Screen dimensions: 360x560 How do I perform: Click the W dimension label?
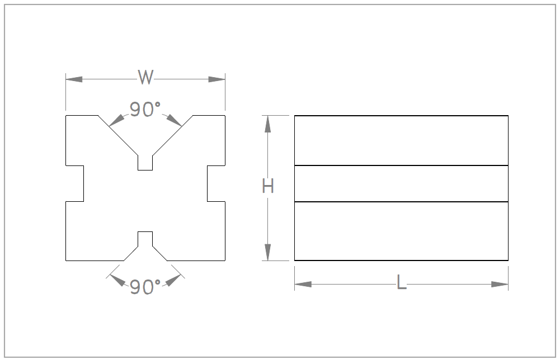click(145, 78)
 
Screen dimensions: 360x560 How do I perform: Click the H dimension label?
click(268, 187)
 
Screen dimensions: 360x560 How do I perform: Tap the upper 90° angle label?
click(145, 110)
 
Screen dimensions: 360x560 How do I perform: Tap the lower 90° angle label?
click(145, 287)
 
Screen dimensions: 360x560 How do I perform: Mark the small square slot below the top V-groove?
click(145, 163)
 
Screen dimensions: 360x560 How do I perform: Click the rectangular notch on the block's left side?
click(75, 183)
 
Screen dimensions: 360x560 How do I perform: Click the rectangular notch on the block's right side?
click(216, 183)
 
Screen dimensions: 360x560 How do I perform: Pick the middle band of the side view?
click(401, 183)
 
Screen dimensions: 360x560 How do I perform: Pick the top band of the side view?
click(401, 140)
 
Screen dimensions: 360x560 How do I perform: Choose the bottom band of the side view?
click(401, 231)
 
